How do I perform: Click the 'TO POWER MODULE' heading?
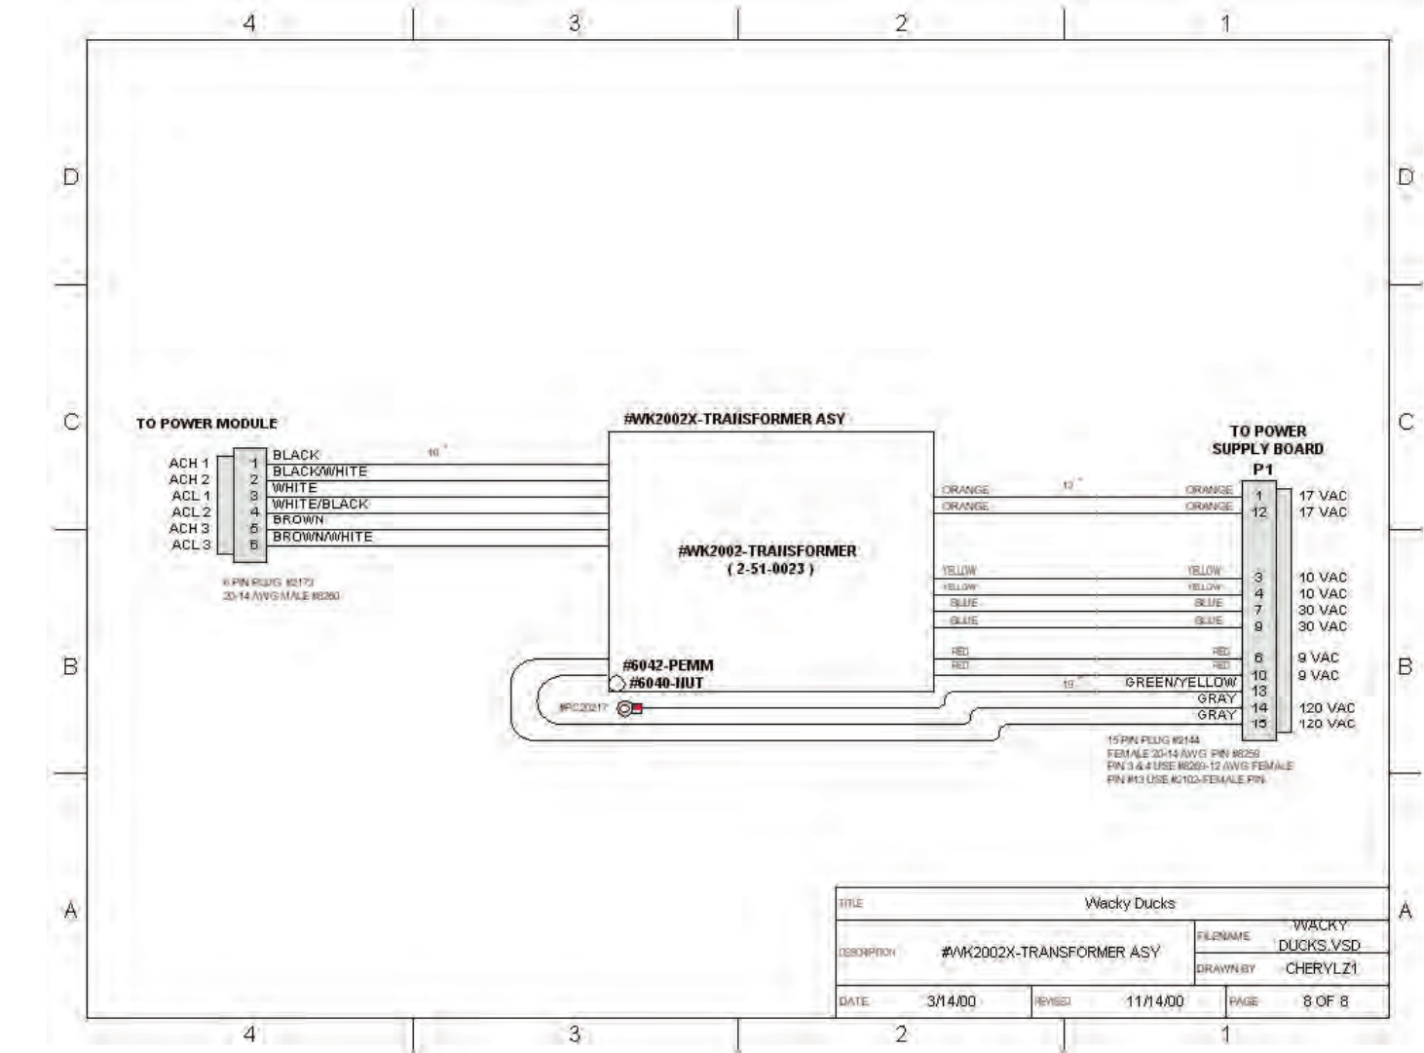[x=206, y=424]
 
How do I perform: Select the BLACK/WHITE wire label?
[x=319, y=471]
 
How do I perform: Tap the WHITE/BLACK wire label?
[x=319, y=505]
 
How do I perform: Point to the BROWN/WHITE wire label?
[x=321, y=537]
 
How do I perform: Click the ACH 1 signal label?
[x=189, y=463]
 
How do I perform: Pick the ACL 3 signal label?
[x=191, y=545]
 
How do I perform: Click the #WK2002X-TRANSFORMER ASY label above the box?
[x=734, y=419]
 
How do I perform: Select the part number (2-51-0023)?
[x=769, y=569]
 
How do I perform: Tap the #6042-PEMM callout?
[x=668, y=665]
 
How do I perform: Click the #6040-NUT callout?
[x=666, y=683]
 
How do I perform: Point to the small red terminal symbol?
[x=637, y=708]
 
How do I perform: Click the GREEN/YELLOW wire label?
[x=1180, y=683]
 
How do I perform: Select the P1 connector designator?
[x=1263, y=470]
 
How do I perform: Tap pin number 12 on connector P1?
[x=1259, y=512]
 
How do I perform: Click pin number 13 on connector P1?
[x=1259, y=692]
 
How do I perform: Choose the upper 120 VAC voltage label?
[x=1326, y=708]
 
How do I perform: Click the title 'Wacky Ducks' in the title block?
[x=1130, y=903]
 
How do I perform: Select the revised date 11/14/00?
[x=1154, y=1001]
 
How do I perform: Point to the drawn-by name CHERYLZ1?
[x=1321, y=968]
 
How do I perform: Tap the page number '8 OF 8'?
[x=1326, y=1001]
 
